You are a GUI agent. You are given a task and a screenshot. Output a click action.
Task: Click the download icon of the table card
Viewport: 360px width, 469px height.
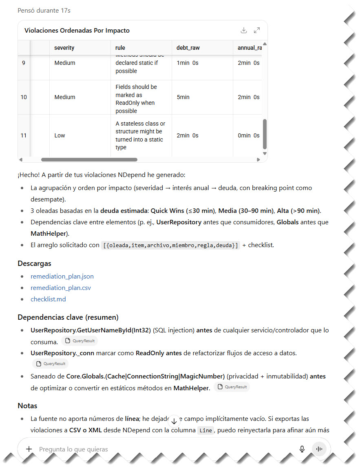point(244,30)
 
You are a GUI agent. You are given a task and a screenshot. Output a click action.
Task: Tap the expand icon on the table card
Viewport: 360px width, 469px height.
point(257,30)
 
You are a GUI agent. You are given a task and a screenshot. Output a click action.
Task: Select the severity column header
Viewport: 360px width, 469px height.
point(64,48)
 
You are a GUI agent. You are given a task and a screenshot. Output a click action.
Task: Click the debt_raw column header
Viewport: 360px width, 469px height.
point(188,48)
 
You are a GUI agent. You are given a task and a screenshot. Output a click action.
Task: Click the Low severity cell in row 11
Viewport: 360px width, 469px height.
point(60,135)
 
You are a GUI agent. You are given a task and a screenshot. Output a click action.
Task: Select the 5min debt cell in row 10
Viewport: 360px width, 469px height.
point(183,97)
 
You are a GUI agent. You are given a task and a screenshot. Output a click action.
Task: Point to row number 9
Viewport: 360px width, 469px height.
point(24,63)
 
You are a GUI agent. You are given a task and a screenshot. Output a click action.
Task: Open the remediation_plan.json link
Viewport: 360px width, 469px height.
point(62,276)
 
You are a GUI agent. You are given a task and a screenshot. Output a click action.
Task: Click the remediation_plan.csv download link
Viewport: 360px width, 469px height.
point(61,288)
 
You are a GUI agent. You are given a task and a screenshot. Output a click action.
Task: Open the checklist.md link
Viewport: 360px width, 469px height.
point(48,299)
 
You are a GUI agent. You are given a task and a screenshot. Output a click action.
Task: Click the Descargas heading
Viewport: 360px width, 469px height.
point(34,263)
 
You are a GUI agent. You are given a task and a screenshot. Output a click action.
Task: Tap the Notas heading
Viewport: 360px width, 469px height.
point(27,406)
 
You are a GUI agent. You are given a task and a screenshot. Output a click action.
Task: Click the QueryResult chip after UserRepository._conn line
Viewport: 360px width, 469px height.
point(51,364)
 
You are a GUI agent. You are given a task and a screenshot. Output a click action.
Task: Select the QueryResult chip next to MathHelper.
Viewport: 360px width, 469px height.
point(232,387)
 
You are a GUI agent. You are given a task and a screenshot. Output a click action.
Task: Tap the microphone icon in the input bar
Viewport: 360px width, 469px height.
point(302,449)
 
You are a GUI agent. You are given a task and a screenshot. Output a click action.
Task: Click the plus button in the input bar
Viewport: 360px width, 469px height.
point(29,449)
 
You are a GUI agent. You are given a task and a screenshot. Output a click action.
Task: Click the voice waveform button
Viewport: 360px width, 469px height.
point(319,449)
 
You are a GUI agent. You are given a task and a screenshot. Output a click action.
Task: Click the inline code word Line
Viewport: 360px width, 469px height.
point(206,431)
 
